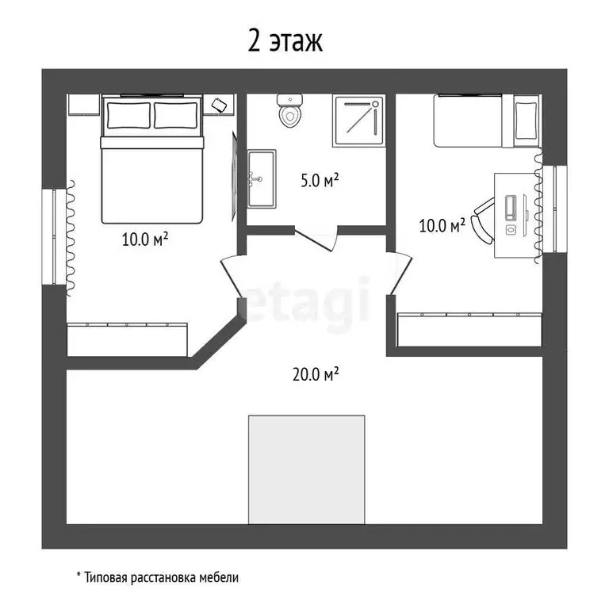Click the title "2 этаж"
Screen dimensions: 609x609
pyautogui.click(x=285, y=41)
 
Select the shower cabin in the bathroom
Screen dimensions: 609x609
pyautogui.click(x=359, y=121)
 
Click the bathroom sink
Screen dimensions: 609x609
pyautogui.click(x=262, y=178)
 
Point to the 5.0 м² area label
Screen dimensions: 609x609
pyautogui.click(x=320, y=180)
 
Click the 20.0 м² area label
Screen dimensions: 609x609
pyautogui.click(x=316, y=374)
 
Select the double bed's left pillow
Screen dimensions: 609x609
pyautogui.click(x=128, y=115)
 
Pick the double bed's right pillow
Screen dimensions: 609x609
pyautogui.click(x=175, y=115)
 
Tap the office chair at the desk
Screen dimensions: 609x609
pyautogui.click(x=483, y=220)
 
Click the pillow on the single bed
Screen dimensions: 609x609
pyautogui.click(x=527, y=121)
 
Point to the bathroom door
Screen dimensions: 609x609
pyautogui.click(x=316, y=239)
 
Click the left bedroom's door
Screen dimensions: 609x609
pyautogui.click(x=232, y=277)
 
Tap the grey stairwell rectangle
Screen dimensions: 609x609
pyautogui.click(x=306, y=469)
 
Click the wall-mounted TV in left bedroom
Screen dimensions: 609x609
pyautogui.click(x=234, y=177)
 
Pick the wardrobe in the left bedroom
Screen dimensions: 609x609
pyautogui.click(x=127, y=339)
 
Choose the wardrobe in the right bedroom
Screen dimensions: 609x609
pyautogui.click(x=469, y=329)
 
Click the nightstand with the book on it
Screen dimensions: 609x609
pyautogui.click(x=219, y=105)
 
